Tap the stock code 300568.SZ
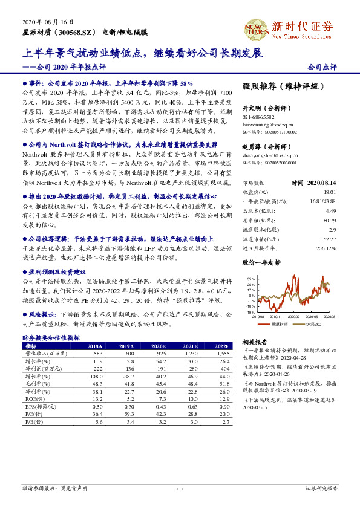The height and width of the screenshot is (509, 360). (x=77, y=31)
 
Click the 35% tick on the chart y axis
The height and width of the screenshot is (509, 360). (x=250, y=279)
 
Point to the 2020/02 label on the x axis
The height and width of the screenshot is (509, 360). (x=295, y=316)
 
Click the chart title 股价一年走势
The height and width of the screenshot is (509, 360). (x=261, y=263)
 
